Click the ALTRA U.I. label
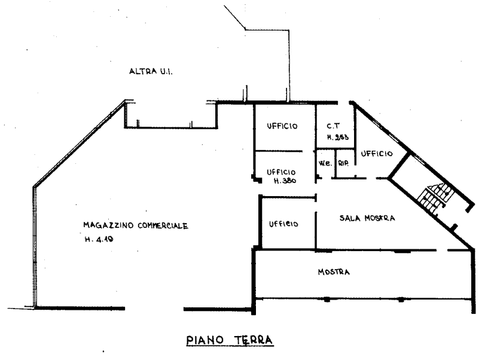click(x=151, y=72)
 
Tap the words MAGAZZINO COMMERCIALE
click(x=136, y=226)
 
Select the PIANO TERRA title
click(x=229, y=341)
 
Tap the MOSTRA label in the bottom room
click(x=334, y=272)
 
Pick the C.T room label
click(x=333, y=126)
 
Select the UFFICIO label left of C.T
click(x=282, y=126)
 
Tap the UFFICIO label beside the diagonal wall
click(x=377, y=154)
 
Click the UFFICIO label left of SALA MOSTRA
click(x=283, y=224)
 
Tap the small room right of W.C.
click(x=343, y=163)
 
